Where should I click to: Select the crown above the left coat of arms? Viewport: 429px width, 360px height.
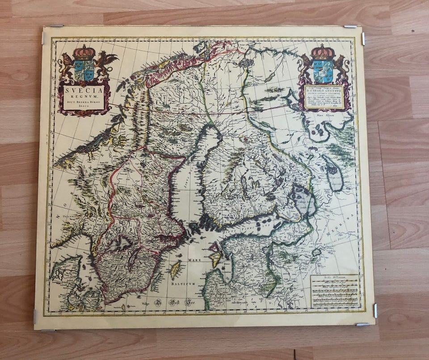[x=84, y=52]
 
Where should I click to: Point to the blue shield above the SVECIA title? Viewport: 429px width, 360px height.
[x=84, y=70]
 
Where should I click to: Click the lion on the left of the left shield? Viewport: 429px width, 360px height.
[x=67, y=65]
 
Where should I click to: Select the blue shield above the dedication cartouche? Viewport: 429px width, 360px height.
[x=323, y=71]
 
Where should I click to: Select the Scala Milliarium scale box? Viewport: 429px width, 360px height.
[x=335, y=291]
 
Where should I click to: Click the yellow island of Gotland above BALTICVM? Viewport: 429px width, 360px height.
[x=175, y=270]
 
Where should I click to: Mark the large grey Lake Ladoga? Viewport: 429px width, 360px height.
[x=302, y=199]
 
